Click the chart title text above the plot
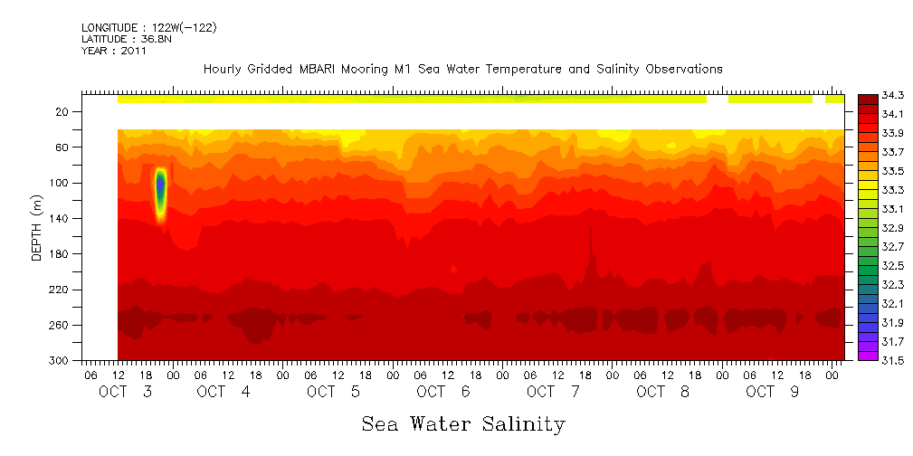[462, 69]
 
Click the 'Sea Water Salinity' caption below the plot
[463, 423]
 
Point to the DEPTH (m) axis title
[37, 227]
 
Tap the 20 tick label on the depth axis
[63, 112]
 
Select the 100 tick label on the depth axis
[61, 183]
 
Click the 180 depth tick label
[61, 254]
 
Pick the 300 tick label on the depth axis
[61, 361]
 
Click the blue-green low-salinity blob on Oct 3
[160, 187]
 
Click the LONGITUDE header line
[148, 28]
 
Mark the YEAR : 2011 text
[113, 52]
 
